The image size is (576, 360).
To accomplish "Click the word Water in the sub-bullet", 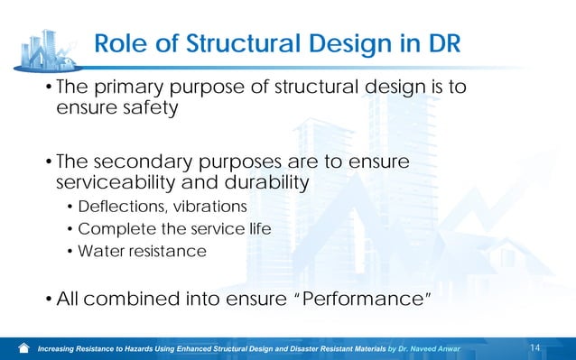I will pos(98,250).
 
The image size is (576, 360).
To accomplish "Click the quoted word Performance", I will pos(357,298).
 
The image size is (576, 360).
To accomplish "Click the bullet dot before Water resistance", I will pos(71,251).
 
